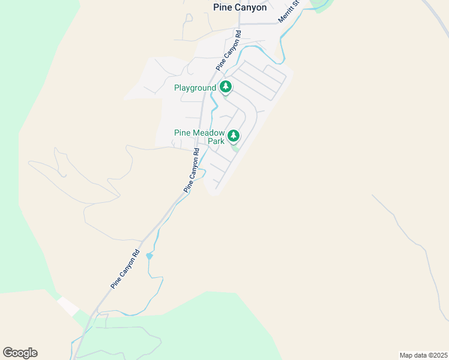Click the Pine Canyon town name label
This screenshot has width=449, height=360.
[240, 8]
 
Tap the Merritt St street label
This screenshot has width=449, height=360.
[288, 12]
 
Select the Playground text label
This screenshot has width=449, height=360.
[194, 88]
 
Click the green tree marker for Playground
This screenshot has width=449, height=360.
[225, 88]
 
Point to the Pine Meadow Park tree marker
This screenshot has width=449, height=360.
[233, 136]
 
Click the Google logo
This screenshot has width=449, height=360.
[20, 353]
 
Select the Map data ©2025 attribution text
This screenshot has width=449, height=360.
[423, 355]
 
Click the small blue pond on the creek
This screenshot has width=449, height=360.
[149, 256]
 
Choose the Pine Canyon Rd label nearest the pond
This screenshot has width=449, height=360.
[125, 269]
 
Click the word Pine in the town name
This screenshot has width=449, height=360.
[222, 8]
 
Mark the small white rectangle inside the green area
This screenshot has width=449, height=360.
[68, 306]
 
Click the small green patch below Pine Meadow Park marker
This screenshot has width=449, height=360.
[235, 148]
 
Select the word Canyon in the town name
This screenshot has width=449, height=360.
[250, 8]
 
